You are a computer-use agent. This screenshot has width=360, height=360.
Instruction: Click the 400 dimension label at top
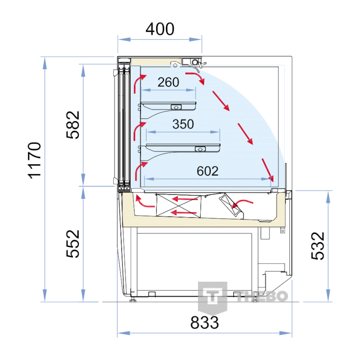(160, 29)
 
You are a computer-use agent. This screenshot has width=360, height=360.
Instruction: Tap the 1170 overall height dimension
(35, 160)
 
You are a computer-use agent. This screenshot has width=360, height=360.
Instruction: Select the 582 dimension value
(73, 125)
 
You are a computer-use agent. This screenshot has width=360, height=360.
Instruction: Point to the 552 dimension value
(73, 244)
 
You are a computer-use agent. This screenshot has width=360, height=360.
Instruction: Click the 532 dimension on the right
(318, 246)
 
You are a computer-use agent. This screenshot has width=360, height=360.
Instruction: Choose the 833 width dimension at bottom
(205, 323)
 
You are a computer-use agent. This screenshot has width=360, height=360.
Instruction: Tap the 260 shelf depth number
(168, 82)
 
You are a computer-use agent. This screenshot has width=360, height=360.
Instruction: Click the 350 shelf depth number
(183, 124)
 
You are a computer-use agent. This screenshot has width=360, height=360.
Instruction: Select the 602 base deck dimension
(207, 171)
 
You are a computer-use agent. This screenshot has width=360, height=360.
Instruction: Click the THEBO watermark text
(262, 296)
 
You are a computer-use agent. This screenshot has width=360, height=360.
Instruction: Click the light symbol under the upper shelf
(176, 107)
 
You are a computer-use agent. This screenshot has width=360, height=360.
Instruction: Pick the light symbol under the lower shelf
(200, 149)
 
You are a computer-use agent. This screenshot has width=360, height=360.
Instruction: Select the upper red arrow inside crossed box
(185, 199)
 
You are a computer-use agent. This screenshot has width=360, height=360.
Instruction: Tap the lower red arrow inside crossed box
(184, 213)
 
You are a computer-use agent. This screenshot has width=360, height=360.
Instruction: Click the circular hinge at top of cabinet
(195, 62)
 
